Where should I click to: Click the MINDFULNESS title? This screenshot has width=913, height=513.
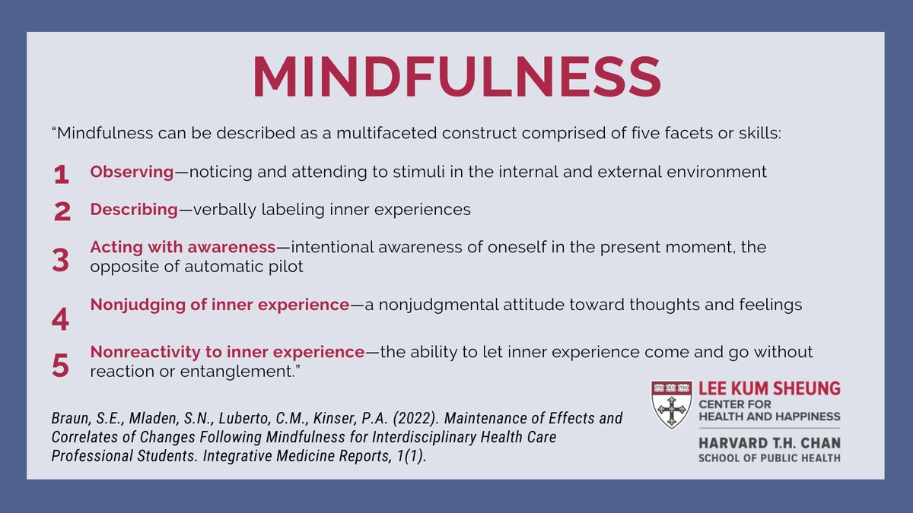pyautogui.click(x=456, y=77)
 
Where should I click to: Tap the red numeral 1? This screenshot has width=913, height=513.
pyautogui.click(x=62, y=176)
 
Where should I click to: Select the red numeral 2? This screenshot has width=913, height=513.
pyautogui.click(x=62, y=212)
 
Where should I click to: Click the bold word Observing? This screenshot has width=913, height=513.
pyautogui.click(x=132, y=173)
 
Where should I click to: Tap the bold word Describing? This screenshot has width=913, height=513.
pyautogui.click(x=133, y=210)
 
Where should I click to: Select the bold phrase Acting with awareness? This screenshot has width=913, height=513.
pyautogui.click(x=182, y=248)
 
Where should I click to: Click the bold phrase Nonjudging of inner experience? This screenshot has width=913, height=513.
pyautogui.click(x=219, y=306)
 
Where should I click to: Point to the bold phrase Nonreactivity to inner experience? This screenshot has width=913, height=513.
pyautogui.click(x=227, y=353)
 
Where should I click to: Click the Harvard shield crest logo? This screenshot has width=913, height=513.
pyautogui.click(x=671, y=404)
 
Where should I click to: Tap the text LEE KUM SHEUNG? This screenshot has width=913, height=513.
pyautogui.click(x=769, y=389)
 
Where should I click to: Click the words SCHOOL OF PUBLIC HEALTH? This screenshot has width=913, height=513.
pyautogui.click(x=769, y=458)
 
